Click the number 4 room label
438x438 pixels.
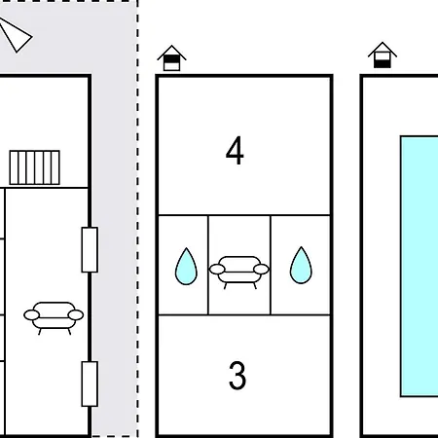point(235,150)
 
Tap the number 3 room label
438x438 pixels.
point(237,376)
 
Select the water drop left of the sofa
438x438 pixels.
point(186,267)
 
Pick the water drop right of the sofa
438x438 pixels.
point(301,265)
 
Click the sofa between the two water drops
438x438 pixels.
point(239,272)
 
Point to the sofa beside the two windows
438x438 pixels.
point(54,317)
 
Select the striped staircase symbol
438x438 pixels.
point(34,167)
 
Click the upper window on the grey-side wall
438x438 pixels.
point(90,250)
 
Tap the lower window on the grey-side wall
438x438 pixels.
point(90,383)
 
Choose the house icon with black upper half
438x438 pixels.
point(171,58)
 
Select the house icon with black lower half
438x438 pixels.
point(383,55)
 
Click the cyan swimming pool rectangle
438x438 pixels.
point(420,266)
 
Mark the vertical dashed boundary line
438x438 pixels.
point(137,219)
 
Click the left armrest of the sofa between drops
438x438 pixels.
point(217,269)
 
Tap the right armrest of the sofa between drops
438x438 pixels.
point(261,269)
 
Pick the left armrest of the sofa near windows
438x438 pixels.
point(32,314)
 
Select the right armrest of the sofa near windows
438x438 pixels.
point(76,314)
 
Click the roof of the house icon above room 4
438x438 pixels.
point(171,52)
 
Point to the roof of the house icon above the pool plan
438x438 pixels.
point(383,49)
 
